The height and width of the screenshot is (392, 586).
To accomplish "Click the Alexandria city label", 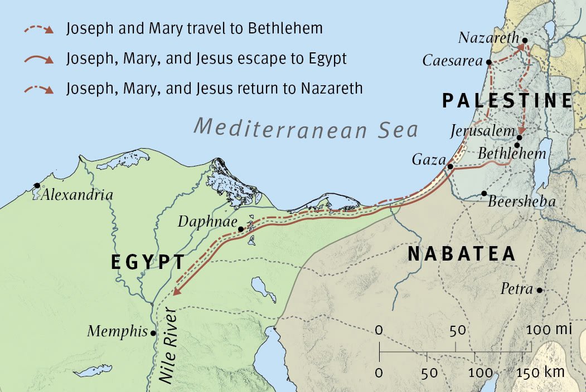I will (x=77, y=195).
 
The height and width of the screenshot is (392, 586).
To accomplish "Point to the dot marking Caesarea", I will (x=489, y=62).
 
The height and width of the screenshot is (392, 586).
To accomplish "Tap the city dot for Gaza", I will (x=450, y=166).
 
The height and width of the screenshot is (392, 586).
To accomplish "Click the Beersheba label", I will (x=521, y=201).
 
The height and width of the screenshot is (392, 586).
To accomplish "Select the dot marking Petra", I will (x=539, y=290).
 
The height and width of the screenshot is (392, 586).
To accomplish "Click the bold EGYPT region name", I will (x=148, y=262).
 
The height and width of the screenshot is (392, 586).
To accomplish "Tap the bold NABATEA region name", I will (x=462, y=254).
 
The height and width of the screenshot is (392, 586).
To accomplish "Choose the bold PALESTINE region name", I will (x=507, y=101).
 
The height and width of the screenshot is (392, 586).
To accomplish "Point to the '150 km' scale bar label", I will (x=544, y=371).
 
